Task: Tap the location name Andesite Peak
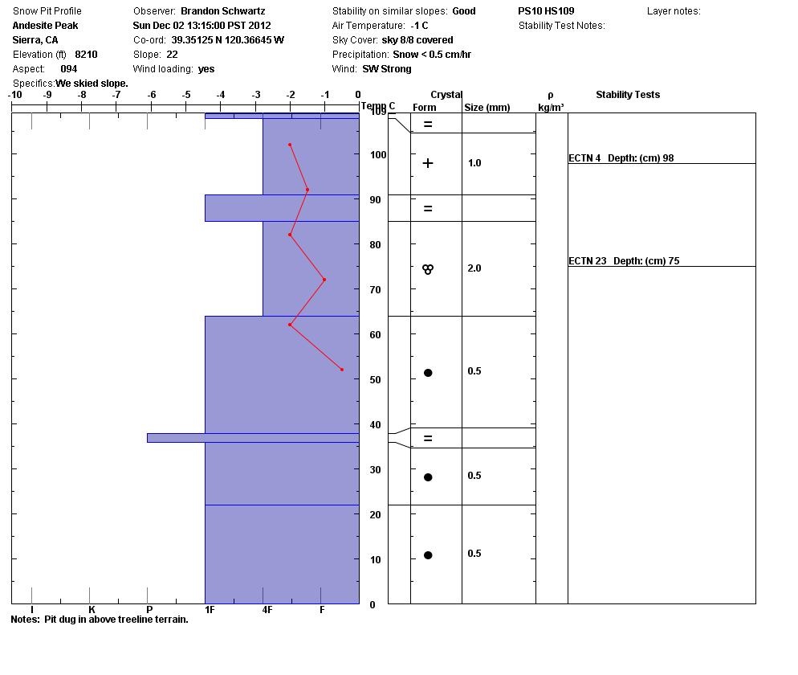coord(45,26)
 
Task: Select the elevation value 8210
coord(86,55)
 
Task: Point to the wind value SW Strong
coord(387,69)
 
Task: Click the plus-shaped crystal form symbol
coord(428,163)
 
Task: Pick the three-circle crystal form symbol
coord(428,269)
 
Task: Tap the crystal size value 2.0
coord(474,268)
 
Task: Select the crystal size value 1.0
coord(474,163)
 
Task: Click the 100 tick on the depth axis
coord(377,155)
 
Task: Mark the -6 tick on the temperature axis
coord(151,95)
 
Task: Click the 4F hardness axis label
coord(267,611)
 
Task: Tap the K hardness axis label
coord(92,611)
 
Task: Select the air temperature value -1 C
coord(419,26)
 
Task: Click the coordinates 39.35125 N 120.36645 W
coord(227,40)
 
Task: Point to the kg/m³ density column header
coord(551,107)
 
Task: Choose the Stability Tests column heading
coord(627,95)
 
